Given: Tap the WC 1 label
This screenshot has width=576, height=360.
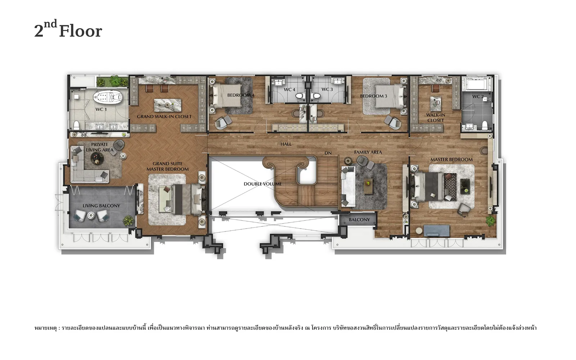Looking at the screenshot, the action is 101,109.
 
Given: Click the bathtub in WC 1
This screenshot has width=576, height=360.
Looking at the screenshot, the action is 108,97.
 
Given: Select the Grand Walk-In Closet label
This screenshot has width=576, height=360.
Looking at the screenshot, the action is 164,117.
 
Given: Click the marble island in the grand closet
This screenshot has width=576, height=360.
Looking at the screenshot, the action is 167,105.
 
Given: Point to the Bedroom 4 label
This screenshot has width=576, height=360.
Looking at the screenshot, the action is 241,95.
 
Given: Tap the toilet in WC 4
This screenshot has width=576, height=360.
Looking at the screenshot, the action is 299,96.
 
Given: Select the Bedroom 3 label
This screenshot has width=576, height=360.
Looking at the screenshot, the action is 373,96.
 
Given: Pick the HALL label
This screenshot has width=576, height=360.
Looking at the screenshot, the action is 286,144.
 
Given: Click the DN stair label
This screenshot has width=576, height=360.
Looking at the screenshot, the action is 328,153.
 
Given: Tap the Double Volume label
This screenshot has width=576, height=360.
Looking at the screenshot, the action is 262,184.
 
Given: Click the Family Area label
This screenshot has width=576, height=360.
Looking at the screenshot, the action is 368,152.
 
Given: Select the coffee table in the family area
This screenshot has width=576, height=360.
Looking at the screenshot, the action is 368,186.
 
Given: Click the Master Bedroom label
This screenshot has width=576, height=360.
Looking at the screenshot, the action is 451,159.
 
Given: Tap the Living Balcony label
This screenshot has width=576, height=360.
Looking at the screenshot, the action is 101,206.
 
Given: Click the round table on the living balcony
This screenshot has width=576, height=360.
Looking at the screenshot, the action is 91,216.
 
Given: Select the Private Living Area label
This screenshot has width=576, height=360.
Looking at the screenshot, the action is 99,147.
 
